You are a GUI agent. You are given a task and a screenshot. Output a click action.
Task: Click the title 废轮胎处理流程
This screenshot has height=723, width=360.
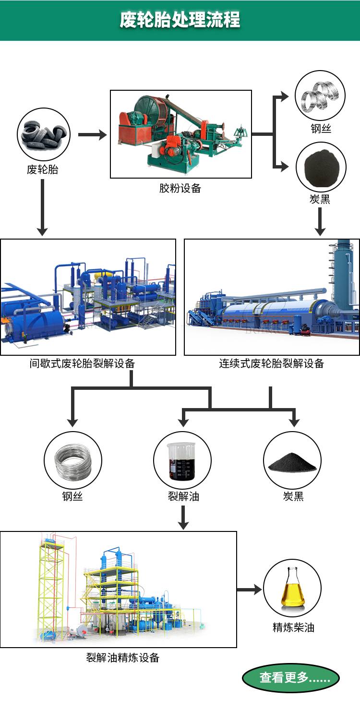(180, 20)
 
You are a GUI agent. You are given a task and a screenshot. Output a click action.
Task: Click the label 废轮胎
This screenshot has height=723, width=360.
(43, 169)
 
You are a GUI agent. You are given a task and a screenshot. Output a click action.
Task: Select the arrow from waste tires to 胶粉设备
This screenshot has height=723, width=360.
(92, 135)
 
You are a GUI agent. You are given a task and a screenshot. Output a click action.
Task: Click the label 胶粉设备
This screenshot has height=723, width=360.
(180, 188)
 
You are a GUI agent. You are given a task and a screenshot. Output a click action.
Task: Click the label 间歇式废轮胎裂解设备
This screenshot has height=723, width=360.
(82, 363)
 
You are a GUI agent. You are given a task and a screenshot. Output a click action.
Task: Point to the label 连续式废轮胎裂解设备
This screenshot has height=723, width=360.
(272, 363)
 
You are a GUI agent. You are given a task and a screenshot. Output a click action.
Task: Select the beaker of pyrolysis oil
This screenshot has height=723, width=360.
(182, 460)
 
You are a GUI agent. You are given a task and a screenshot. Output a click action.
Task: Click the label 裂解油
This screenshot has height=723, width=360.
(183, 496)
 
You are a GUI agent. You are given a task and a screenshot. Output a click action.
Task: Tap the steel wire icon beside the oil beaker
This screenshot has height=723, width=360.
(73, 460)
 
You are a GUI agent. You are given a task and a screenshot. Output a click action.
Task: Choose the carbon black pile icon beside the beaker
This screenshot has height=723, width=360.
(292, 460)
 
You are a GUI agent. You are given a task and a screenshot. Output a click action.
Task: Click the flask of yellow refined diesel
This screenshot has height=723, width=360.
(292, 588)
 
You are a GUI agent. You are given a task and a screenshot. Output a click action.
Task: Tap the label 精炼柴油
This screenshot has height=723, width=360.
(293, 627)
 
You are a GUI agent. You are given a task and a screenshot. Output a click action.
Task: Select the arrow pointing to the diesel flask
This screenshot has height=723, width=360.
(250, 589)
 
